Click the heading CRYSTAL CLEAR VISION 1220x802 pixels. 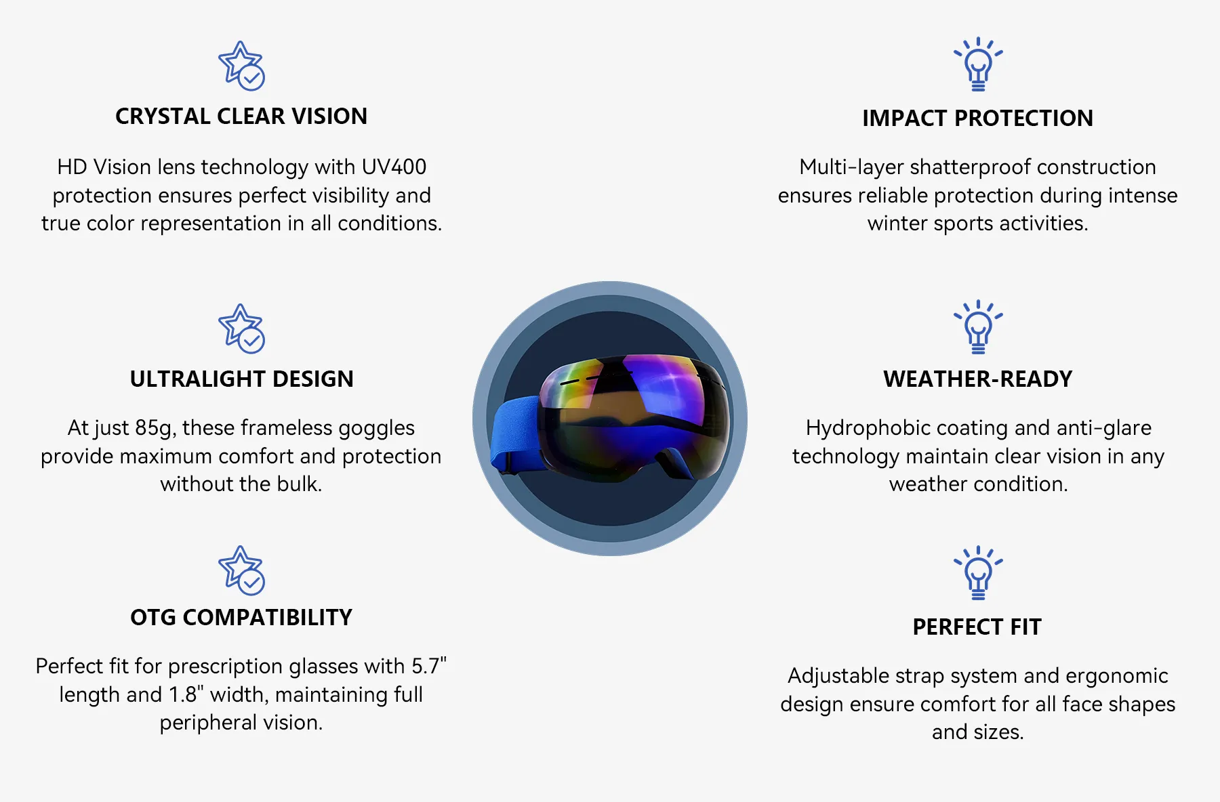click(x=241, y=117)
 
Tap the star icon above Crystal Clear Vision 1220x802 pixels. click(x=241, y=66)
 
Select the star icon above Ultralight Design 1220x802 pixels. click(x=241, y=329)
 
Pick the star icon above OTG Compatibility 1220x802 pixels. click(x=241, y=570)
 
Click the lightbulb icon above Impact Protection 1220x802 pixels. click(x=978, y=64)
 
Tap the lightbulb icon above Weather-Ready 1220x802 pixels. click(x=978, y=327)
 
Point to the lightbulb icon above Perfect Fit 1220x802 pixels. click(x=978, y=573)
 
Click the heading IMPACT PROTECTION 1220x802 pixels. click(x=977, y=119)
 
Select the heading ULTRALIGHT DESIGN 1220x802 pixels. click(x=241, y=379)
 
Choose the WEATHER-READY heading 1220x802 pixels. click(x=977, y=379)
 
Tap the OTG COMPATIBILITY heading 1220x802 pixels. click(x=241, y=618)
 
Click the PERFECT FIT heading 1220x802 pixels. click(x=977, y=627)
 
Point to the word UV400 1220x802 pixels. click(x=394, y=167)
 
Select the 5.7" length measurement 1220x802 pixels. click(x=429, y=666)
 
